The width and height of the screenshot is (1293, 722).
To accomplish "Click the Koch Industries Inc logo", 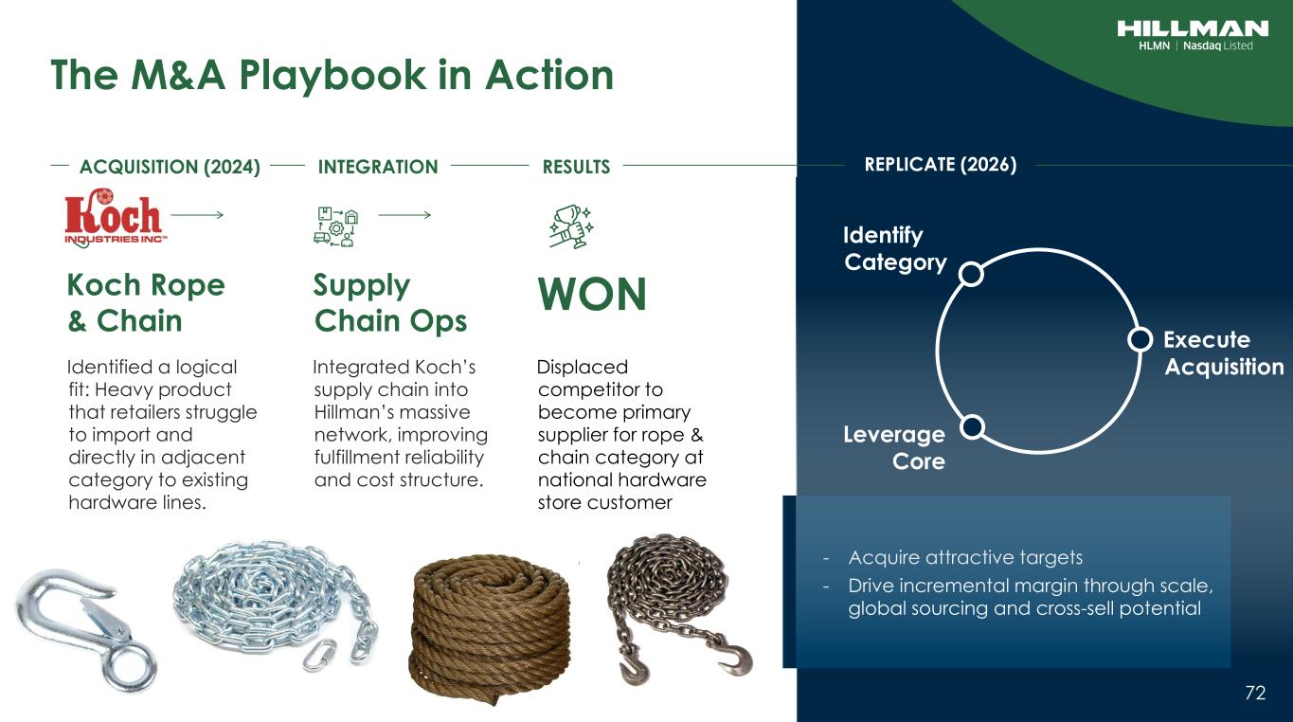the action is pyautogui.click(x=115, y=218).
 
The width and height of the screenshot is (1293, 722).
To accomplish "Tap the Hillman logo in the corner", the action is pyautogui.click(x=1193, y=36).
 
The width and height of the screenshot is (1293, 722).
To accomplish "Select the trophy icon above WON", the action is pyautogui.click(x=571, y=226).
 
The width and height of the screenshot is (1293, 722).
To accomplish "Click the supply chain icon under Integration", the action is pyautogui.click(x=336, y=226).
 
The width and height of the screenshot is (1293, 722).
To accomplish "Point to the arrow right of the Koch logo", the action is pyautogui.click(x=197, y=215).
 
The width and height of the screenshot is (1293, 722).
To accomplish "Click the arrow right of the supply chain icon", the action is pyautogui.click(x=404, y=215).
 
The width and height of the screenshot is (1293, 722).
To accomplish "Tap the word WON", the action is pyautogui.click(x=592, y=294).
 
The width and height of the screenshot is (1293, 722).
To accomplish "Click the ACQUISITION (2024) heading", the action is pyautogui.click(x=170, y=167).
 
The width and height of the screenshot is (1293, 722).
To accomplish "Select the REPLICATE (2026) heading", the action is pyautogui.click(x=941, y=165).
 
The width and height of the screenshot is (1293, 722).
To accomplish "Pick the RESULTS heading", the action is pyautogui.click(x=576, y=167).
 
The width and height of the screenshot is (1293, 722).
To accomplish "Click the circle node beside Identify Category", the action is pyautogui.click(x=971, y=274).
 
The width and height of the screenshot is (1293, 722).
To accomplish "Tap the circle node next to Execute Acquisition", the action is pyautogui.click(x=1140, y=339).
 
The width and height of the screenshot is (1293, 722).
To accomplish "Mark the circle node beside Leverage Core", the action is pyautogui.click(x=972, y=426).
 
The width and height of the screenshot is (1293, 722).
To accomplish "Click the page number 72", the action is pyautogui.click(x=1255, y=693).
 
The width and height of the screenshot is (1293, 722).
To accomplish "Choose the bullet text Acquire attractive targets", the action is pyautogui.click(x=965, y=557).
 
